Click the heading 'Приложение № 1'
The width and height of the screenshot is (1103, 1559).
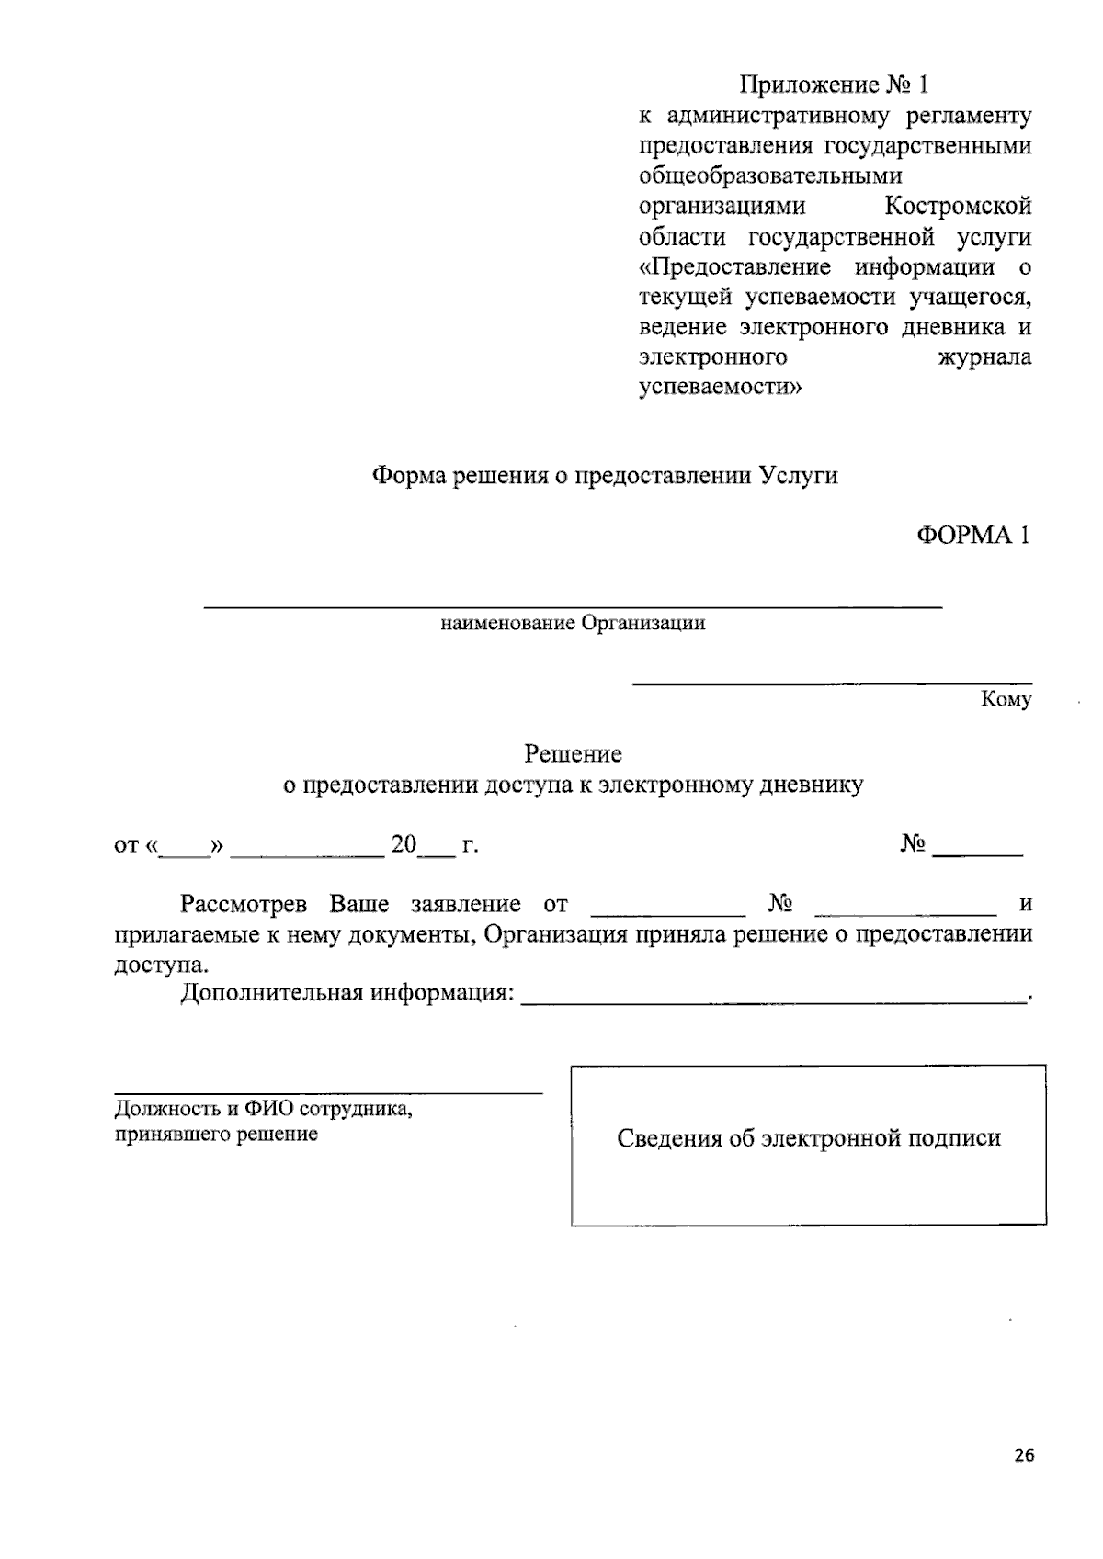(835, 85)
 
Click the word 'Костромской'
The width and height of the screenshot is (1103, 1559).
(958, 206)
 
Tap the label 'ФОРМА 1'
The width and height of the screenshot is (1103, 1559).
(972, 536)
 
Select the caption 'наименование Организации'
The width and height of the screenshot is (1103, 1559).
(573, 624)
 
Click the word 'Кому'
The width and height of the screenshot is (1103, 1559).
(1006, 700)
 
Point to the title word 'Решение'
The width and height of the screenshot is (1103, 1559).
(573, 754)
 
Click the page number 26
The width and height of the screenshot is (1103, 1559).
(1025, 1454)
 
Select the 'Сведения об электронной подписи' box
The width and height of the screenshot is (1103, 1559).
(808, 1145)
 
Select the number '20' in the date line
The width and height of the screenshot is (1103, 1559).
(404, 844)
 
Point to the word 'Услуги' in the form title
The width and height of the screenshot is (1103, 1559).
(799, 476)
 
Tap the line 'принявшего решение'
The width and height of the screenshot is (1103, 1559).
(216, 1134)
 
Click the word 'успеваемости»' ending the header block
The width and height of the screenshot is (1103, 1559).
(719, 388)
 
